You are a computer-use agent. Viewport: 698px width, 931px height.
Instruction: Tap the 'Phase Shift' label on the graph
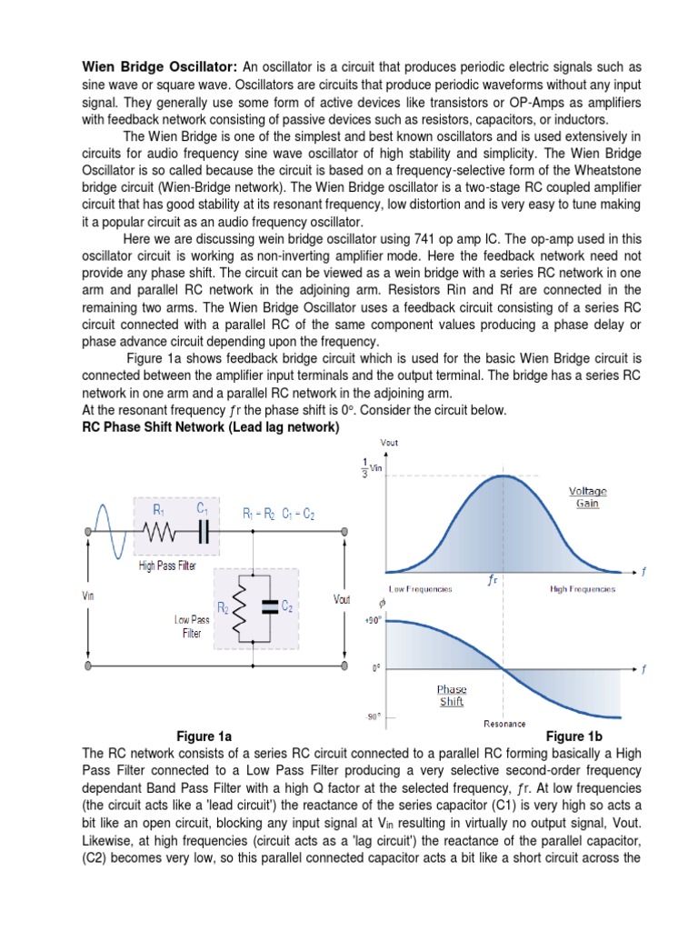coord(452,696)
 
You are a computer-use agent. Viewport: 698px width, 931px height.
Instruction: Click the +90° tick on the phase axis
coord(372,620)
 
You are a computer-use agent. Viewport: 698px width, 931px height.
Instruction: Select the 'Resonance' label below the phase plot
coord(504,724)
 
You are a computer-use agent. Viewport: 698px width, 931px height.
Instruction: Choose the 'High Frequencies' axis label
coord(583,589)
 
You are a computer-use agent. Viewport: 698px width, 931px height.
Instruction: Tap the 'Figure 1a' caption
coord(204,736)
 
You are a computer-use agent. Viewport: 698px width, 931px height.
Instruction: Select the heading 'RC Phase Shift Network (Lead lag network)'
coord(211,427)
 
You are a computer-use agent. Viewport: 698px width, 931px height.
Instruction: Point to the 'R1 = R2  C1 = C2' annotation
coord(278,515)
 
